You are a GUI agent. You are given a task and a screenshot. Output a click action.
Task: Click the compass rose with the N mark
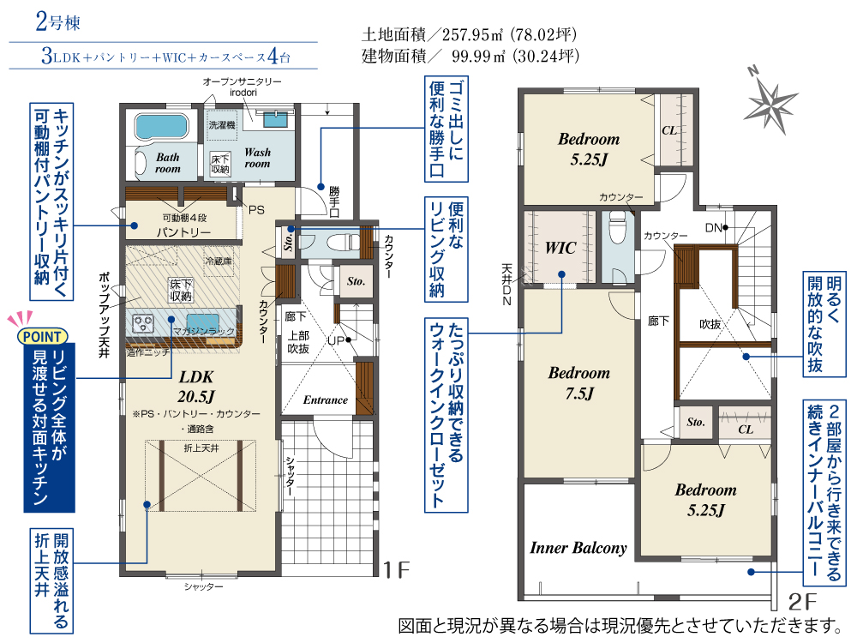770,101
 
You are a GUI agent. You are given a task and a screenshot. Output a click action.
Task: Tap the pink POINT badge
42,336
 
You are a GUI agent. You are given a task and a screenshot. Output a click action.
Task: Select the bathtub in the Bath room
161,126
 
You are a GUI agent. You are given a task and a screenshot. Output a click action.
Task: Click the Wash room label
257,158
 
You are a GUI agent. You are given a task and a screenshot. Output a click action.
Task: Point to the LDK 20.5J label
196,387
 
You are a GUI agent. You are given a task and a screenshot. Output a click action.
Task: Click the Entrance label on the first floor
325,400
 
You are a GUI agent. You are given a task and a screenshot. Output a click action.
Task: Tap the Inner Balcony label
578,548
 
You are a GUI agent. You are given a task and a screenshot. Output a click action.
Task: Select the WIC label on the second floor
560,248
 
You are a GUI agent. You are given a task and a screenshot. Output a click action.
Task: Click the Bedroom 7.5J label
578,382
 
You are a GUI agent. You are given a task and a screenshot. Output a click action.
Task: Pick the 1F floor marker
397,570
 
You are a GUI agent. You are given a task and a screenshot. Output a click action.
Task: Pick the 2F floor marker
802,602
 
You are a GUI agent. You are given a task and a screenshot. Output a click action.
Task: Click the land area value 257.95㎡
472,35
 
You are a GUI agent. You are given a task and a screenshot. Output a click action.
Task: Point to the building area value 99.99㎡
477,56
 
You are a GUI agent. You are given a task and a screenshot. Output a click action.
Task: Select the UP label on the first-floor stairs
336,340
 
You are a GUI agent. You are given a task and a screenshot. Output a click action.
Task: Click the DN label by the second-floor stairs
713,227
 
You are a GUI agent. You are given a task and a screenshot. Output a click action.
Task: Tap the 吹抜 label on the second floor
710,324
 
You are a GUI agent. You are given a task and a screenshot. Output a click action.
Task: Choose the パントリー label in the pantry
183,232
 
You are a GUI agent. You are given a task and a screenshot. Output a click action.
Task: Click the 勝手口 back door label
334,201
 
